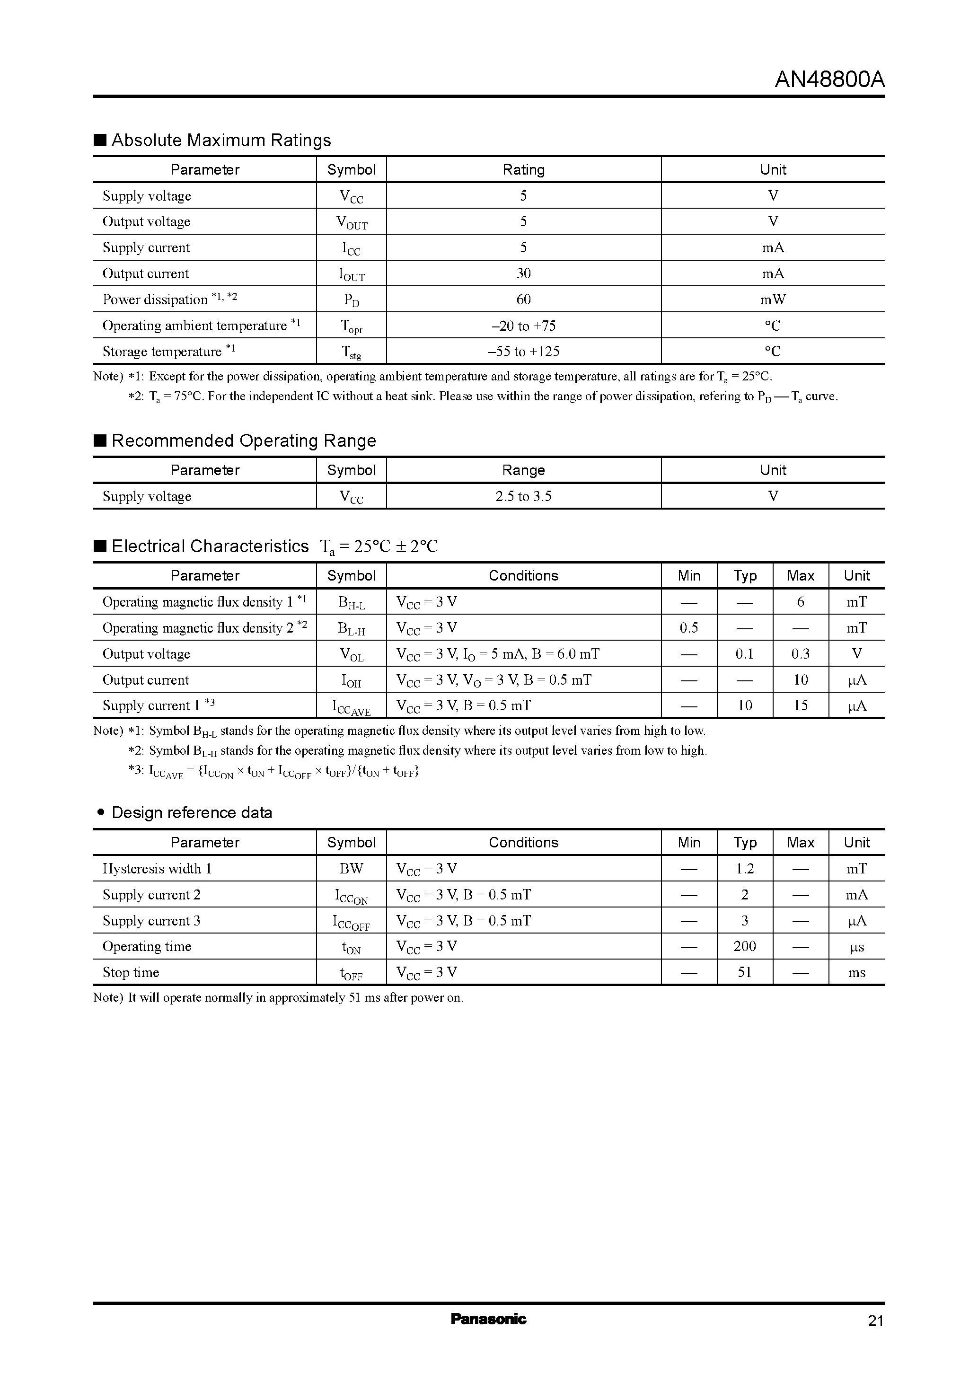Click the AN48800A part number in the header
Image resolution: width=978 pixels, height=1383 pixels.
[x=829, y=80]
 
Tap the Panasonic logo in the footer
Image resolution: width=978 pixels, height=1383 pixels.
[x=488, y=1319]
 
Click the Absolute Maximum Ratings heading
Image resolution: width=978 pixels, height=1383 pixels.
[x=221, y=141]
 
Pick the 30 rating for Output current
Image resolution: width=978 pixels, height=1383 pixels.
[x=523, y=273]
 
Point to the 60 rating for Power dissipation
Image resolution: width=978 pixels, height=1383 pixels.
[x=523, y=300]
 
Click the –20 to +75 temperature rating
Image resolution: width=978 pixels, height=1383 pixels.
[x=523, y=326]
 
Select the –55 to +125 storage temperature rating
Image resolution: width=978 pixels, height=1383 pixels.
[x=523, y=352]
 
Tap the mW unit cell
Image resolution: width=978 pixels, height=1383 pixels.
[x=773, y=300]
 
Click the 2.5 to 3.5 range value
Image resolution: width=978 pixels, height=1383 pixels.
[x=523, y=496]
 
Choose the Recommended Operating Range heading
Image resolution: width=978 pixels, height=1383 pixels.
[x=243, y=441]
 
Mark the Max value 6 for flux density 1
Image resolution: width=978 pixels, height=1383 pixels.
[x=801, y=602]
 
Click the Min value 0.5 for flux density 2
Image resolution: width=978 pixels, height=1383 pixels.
[x=689, y=628]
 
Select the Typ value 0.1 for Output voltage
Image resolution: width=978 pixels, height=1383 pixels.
[x=744, y=653]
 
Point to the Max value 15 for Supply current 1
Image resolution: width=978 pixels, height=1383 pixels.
[x=801, y=705]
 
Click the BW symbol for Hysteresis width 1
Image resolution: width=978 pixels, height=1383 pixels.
[x=351, y=869]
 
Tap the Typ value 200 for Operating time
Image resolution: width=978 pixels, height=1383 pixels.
[x=744, y=946]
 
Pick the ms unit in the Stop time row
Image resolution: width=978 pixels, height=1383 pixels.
[x=856, y=972]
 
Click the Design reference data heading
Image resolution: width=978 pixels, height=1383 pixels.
[x=192, y=812]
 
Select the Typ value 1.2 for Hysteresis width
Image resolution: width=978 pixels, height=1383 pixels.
[x=744, y=869]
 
